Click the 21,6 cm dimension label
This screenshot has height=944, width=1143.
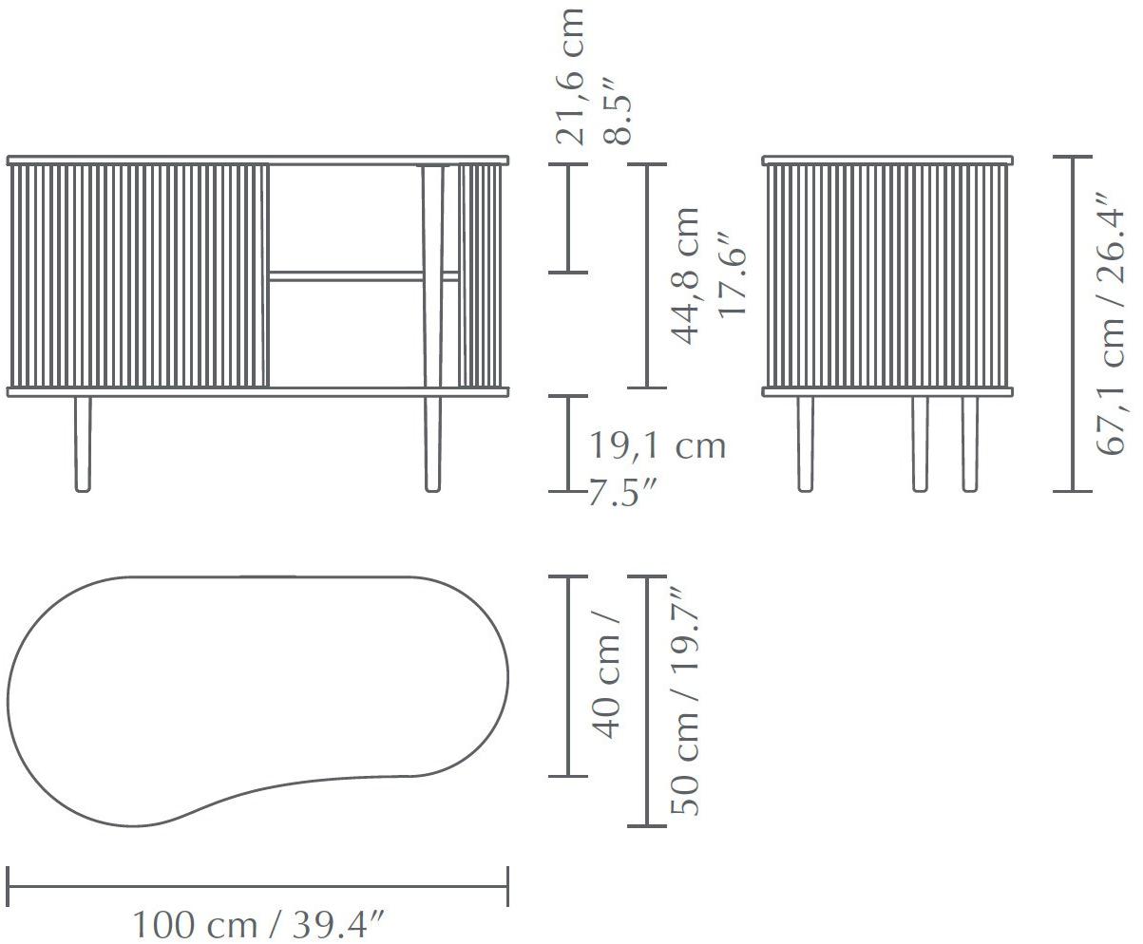[570, 76]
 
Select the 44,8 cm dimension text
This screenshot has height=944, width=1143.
[685, 275]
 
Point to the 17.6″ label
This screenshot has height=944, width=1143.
[732, 282]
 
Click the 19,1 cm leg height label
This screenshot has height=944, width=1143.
[657, 445]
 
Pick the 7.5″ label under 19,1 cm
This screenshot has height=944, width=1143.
[621, 492]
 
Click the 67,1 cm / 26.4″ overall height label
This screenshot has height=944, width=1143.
[1110, 324]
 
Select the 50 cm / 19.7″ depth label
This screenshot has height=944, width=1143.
[684, 702]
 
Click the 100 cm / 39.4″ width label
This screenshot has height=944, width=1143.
[259, 924]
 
